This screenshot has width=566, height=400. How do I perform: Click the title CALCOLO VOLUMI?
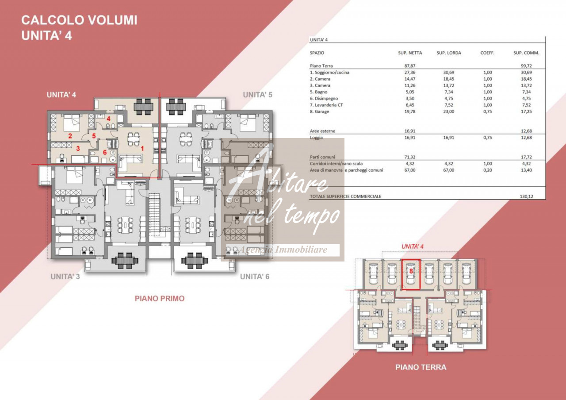(79, 20)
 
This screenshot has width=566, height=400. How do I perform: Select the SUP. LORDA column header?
(449, 53)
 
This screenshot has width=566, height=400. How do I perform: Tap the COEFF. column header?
(487, 53)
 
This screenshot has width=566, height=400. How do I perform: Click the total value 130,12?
(526, 196)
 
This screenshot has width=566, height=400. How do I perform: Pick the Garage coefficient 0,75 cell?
(488, 112)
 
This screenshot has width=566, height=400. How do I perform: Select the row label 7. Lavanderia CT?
(326, 105)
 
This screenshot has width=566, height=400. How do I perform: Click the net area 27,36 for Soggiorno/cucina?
(410, 72)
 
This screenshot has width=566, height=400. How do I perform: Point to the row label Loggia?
(316, 138)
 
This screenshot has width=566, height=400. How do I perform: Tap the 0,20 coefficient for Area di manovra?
(488, 170)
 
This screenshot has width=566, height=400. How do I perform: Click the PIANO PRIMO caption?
(160, 298)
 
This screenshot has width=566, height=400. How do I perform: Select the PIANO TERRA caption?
(421, 367)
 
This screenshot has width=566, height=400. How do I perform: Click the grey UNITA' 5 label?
(257, 95)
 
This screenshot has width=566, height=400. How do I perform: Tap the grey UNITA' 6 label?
(255, 277)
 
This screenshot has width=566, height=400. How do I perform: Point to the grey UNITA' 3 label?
(65, 277)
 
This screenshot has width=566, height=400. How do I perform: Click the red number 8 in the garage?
(411, 271)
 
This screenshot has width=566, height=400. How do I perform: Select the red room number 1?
(142, 149)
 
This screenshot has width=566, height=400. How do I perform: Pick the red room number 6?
(105, 153)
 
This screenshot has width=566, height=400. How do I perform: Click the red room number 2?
(70, 136)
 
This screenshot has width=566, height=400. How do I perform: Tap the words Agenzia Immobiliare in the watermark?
(283, 250)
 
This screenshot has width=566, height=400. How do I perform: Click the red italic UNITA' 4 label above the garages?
(413, 246)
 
